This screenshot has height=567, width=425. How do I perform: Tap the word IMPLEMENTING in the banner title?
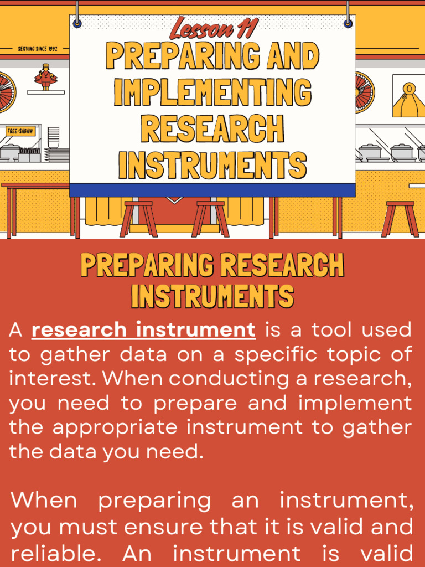(x=212, y=92)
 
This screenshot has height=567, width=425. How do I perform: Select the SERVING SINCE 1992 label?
(x=38, y=49)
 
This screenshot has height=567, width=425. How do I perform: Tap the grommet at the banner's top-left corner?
(x=77, y=23)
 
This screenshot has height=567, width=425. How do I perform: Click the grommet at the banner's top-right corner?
(x=348, y=23)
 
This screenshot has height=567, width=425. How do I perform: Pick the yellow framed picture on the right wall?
(x=408, y=96)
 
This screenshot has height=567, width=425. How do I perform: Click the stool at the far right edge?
(x=400, y=217)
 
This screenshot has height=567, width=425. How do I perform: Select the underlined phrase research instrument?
(x=144, y=330)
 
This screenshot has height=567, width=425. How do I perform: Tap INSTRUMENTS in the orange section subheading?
(x=212, y=296)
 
